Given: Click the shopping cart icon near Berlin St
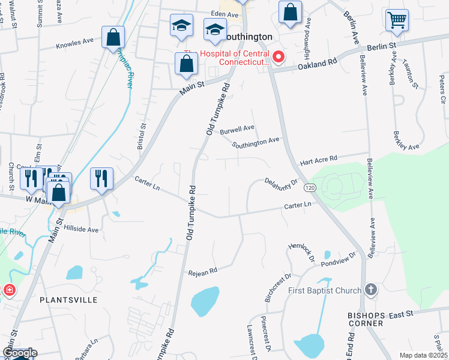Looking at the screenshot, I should point(397,20).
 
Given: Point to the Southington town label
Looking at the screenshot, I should point(247,37).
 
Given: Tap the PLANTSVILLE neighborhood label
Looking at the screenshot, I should point(68,300).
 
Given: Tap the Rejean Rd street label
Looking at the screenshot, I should point(202,272).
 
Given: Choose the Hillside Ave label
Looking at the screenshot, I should point(81,229).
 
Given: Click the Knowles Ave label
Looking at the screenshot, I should point(75,43).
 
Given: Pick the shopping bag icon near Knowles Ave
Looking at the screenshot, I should point(113,38).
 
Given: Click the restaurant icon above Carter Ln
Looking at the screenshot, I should point(101,178).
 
